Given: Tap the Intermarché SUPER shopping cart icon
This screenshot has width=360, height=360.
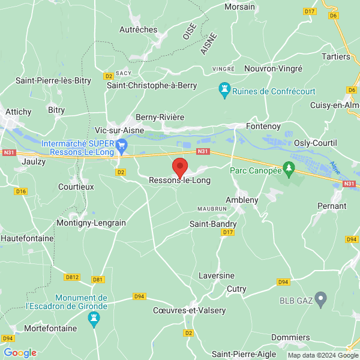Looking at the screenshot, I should [122, 144].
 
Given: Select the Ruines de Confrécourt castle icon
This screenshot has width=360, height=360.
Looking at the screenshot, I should [224, 91].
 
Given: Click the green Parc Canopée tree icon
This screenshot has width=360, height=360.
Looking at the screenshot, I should [289, 170].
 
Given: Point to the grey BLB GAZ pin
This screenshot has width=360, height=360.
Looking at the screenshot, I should [321, 298].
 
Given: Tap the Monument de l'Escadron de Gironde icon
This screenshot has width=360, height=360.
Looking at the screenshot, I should [93, 322].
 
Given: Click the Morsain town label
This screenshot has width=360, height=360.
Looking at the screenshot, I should [239, 7].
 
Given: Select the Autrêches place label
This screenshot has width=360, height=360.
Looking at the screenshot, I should [138, 29].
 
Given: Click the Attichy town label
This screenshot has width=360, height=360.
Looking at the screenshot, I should [18, 112].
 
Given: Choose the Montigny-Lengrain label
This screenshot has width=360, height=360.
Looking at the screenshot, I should [91, 223].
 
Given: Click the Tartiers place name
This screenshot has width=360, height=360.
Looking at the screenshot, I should [335, 56].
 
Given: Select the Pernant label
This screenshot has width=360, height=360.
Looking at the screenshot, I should [332, 206].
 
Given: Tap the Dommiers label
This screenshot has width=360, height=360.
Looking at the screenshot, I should [290, 337].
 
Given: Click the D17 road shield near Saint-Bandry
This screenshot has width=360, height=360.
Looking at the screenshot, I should [227, 232].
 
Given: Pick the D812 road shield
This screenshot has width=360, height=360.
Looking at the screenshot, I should [72, 277].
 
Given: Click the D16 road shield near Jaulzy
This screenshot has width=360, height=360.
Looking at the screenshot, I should [22, 191].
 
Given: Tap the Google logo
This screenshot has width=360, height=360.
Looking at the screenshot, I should [20, 353].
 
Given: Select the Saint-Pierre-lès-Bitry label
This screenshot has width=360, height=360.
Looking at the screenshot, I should [53, 80].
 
